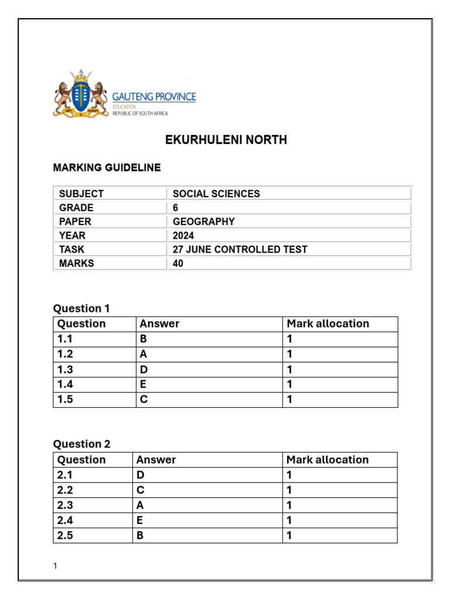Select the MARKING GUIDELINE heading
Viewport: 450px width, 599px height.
[x=107, y=168]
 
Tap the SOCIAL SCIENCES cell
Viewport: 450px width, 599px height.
[x=216, y=194]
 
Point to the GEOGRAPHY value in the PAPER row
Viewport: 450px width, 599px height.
[x=203, y=222]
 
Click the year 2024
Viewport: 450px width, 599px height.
[x=183, y=236]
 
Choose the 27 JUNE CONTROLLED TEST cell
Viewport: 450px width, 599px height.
[x=240, y=250]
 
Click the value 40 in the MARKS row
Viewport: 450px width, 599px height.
[x=178, y=264]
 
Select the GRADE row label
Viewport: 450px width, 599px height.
[x=76, y=208]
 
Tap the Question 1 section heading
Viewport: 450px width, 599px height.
[x=81, y=308]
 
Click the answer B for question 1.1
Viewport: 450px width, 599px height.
[x=143, y=339]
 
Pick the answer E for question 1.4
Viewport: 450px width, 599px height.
[x=143, y=385]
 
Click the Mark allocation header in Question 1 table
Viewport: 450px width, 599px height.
[x=328, y=324]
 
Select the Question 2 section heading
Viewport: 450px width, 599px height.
[x=81, y=444]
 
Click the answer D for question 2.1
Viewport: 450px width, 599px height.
[x=141, y=475]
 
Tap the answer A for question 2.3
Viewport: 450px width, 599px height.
[x=141, y=505]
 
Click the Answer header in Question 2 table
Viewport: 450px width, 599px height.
[x=156, y=460]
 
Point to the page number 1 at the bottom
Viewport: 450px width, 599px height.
[x=55, y=566]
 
